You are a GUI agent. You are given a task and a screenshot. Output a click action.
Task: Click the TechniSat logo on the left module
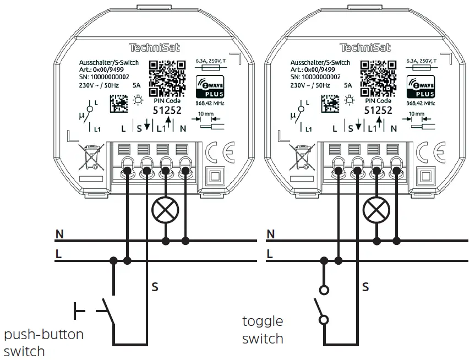coord(150,48)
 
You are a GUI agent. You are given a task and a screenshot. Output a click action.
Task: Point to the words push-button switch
coord(43,342)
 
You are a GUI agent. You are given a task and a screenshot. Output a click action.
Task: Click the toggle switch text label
coord(263,329)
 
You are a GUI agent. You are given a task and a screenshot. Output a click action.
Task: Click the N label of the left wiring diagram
coord(59,234)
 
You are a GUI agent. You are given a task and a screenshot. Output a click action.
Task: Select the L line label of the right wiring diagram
coord(270,254)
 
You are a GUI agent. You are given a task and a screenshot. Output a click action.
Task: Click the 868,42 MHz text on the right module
coord(421,103)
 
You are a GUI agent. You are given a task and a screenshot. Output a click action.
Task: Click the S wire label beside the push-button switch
coord(155,286)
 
